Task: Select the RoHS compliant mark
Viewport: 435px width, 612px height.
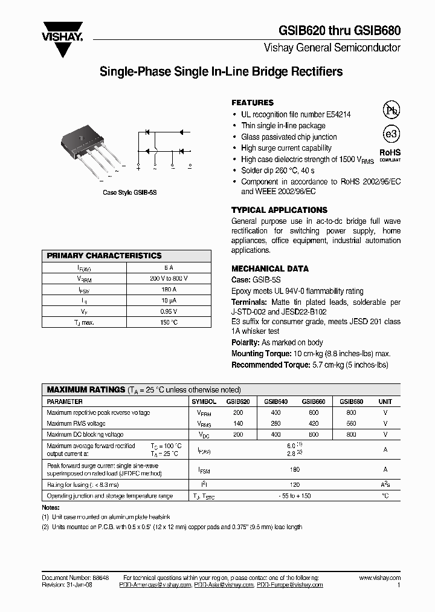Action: coord(390,155)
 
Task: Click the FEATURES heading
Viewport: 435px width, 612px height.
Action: coord(253,103)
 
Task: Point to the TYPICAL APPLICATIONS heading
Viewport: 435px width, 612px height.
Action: coord(274,210)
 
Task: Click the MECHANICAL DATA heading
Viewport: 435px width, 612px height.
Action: coord(270,269)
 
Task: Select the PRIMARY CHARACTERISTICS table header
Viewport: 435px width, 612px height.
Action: coord(104,256)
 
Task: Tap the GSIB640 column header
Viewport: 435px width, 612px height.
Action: coord(275,401)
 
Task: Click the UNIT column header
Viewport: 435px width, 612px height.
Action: coord(385,401)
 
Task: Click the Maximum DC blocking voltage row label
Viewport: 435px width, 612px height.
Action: coord(85,434)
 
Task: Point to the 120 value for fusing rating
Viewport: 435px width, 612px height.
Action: coord(294,484)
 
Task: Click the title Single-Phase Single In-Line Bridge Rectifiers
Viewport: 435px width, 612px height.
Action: coord(221,72)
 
